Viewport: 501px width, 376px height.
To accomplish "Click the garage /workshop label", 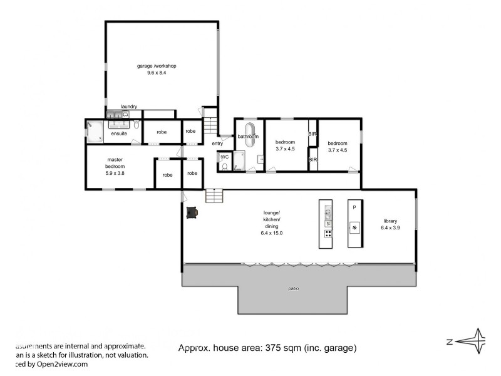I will click(x=157, y=66).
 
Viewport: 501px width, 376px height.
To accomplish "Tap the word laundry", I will click(x=129, y=107).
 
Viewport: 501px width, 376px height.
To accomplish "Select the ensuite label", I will click(x=119, y=133).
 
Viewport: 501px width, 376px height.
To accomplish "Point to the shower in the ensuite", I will click(x=95, y=132).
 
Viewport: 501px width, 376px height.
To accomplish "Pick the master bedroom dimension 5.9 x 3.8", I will click(x=116, y=173).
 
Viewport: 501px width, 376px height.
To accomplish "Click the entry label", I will click(x=217, y=144).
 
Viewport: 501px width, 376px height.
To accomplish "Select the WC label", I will click(x=224, y=157).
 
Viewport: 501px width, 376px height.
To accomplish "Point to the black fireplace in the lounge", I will click(x=192, y=212).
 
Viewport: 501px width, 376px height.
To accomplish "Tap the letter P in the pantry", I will click(x=354, y=207).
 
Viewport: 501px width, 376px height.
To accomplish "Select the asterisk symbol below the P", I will click(x=354, y=227).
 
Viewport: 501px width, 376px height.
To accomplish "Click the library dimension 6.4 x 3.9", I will click(x=390, y=228).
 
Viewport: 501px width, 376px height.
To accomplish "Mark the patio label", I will click(x=294, y=288).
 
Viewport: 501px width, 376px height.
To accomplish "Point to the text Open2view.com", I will click(x=62, y=363).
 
